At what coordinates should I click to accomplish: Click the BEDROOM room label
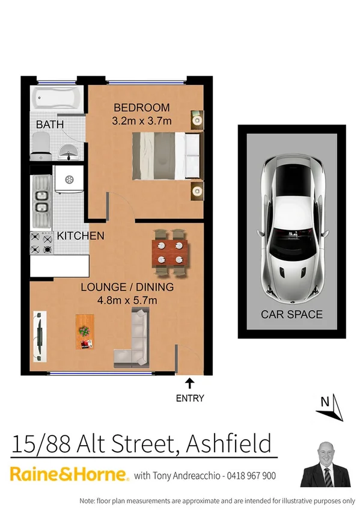(142, 108)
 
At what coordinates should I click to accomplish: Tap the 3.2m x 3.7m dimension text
(142, 120)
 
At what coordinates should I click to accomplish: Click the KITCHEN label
(81, 236)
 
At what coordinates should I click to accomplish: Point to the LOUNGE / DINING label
(127, 287)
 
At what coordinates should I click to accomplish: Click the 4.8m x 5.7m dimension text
(127, 300)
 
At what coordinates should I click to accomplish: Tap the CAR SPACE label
(291, 314)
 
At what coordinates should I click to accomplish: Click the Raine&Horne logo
(69, 474)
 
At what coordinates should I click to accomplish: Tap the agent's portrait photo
(325, 464)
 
